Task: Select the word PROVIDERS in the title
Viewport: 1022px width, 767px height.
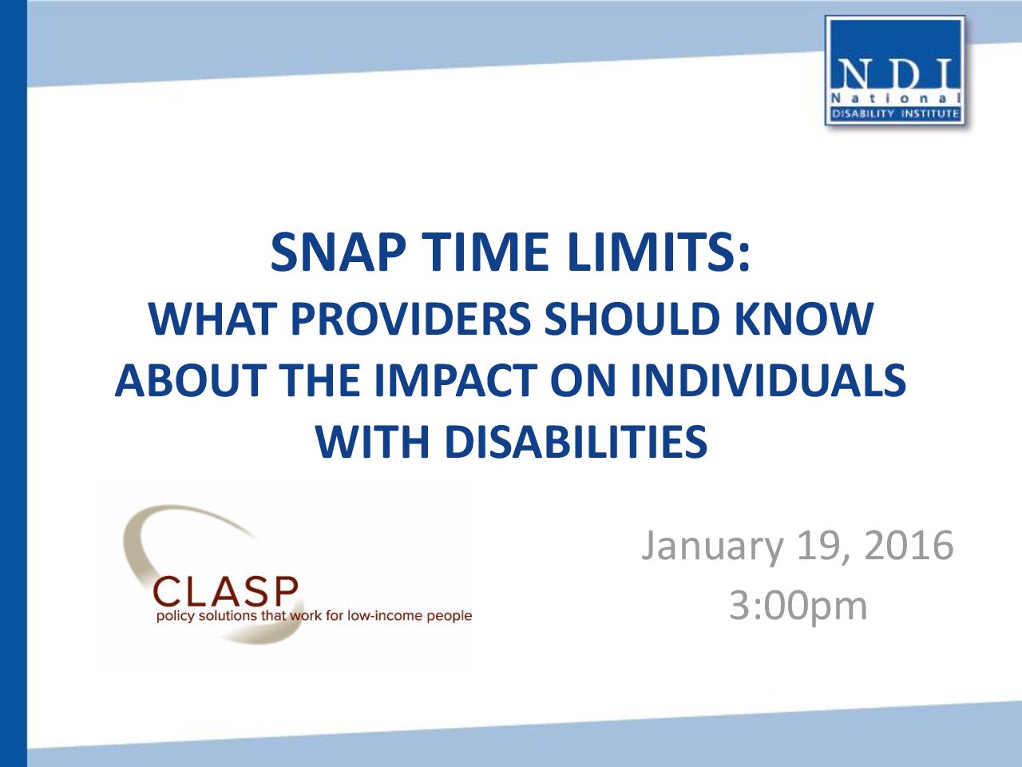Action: pos(410,319)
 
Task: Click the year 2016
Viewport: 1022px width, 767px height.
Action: pos(909,546)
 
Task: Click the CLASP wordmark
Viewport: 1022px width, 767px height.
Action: pos(225,591)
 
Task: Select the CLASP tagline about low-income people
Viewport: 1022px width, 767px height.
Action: pos(315,616)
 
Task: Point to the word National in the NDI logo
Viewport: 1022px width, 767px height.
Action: pos(895,99)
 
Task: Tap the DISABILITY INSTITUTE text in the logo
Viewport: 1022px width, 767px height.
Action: pos(895,113)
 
